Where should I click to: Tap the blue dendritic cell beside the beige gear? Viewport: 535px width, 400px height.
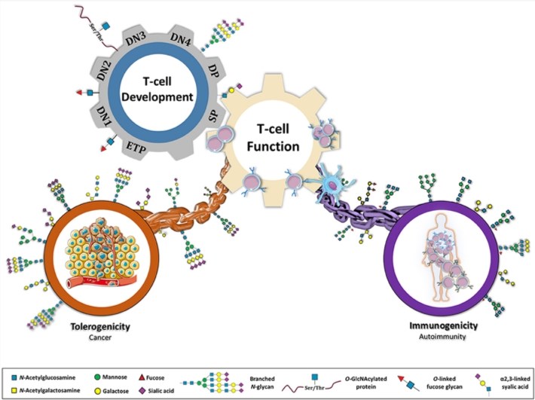(x=329, y=179)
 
